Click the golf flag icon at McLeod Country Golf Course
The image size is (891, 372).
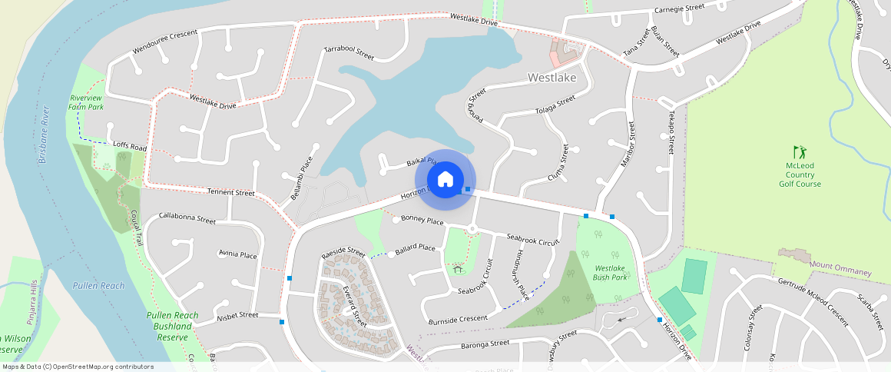800,151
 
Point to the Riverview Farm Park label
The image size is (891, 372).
86,102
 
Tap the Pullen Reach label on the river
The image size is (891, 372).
98,286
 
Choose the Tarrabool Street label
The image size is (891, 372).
349,52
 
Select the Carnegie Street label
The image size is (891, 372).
679,8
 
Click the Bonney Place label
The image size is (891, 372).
422,221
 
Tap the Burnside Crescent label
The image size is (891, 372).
458,319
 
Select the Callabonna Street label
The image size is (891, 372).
187,218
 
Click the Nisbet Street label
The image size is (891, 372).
237,315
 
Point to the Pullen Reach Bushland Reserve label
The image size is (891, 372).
172,326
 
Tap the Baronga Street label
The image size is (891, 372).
485,343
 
